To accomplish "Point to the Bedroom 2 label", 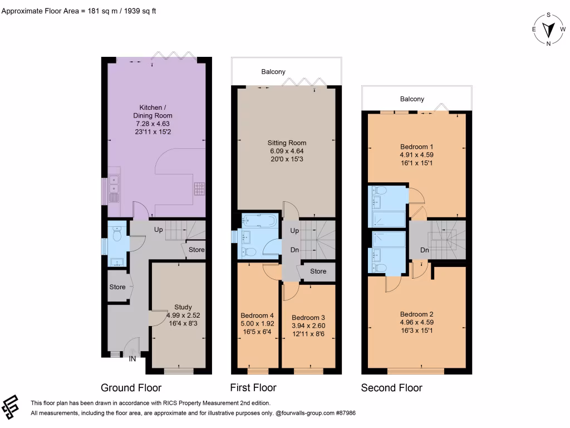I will (416, 322).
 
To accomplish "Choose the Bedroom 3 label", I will (308, 325).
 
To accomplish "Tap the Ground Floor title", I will (131, 388).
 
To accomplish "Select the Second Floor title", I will (391, 388).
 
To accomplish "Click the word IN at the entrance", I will (132, 359).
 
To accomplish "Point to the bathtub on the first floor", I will (259, 221).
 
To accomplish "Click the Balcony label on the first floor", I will (273, 71).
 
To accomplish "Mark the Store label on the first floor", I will (318, 271).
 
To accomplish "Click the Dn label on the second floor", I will (424, 250).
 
